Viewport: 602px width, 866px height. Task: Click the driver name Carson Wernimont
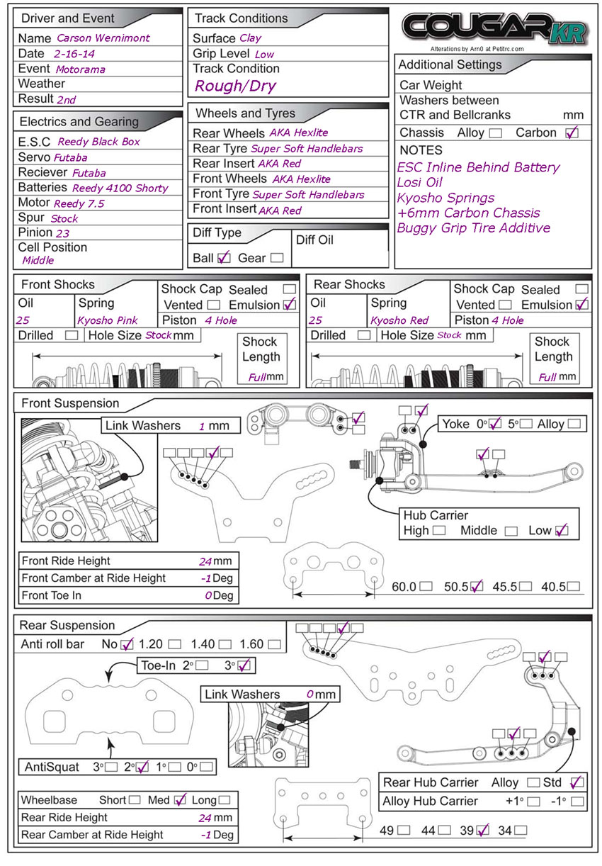[103, 38]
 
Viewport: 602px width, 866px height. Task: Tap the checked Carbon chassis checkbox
[572, 133]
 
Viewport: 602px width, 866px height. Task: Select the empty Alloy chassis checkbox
[495, 133]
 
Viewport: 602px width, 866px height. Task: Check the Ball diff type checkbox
[224, 257]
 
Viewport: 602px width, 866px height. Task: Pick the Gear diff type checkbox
[277, 258]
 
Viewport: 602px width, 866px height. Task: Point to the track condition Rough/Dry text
[235, 86]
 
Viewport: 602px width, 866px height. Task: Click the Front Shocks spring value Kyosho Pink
[108, 320]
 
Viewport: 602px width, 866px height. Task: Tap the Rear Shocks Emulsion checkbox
[582, 305]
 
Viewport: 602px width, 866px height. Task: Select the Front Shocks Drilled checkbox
[72, 335]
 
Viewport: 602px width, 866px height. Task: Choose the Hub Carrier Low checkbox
[562, 530]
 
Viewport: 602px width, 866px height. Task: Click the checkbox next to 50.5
[476, 586]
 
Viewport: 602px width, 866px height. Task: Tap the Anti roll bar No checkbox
[127, 644]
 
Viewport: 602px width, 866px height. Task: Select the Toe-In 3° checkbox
[244, 665]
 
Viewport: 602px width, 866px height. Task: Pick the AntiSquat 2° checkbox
[142, 766]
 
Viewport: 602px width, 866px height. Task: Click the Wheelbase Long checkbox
[225, 800]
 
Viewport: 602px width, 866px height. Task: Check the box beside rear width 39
[484, 830]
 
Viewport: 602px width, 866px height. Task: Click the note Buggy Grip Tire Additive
[473, 228]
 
